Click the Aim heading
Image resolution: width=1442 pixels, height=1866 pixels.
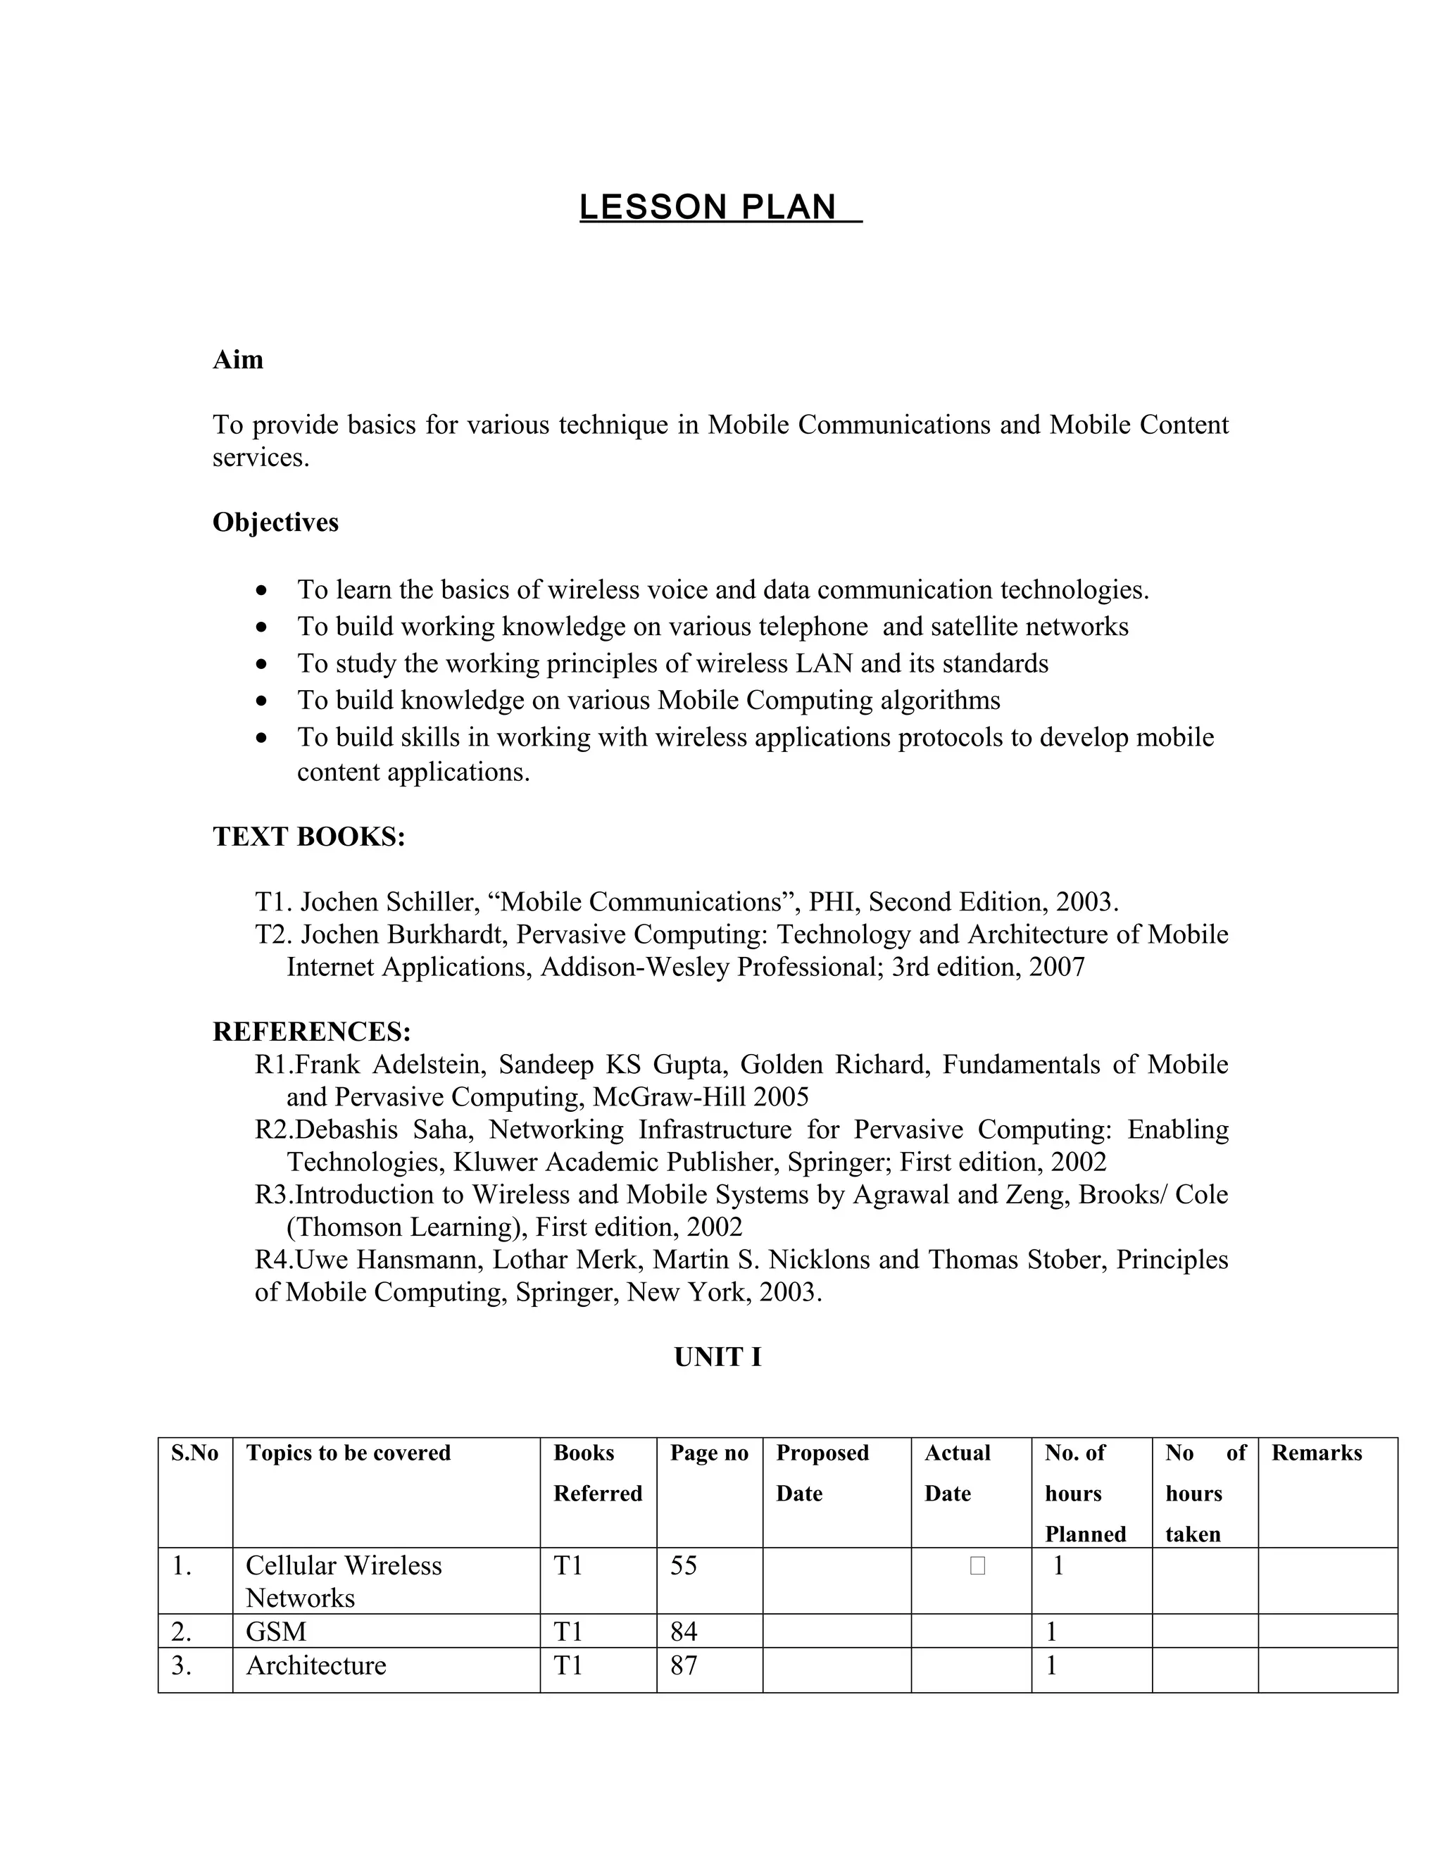pyautogui.click(x=237, y=360)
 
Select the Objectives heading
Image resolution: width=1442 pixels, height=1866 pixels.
pyautogui.click(x=275, y=522)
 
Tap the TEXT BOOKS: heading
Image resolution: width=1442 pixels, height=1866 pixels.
pyautogui.click(x=308, y=837)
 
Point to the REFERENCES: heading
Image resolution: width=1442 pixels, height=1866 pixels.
pyautogui.click(x=312, y=1032)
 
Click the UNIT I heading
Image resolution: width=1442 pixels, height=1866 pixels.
pyautogui.click(x=717, y=1358)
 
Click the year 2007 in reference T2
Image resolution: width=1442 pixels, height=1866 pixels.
pyautogui.click(x=1057, y=968)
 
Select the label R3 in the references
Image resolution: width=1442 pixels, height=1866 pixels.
pyautogui.click(x=273, y=1194)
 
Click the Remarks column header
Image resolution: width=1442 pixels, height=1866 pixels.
pyautogui.click(x=1317, y=1453)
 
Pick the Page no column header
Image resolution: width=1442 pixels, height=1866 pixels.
pyautogui.click(x=709, y=1453)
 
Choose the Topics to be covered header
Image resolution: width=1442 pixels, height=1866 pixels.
pyautogui.click(x=348, y=1453)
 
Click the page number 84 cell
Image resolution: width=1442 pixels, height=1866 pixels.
pyautogui.click(x=684, y=1632)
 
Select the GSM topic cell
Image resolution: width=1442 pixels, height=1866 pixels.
pyautogui.click(x=276, y=1632)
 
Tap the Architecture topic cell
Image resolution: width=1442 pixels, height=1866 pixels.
pyautogui.click(x=316, y=1665)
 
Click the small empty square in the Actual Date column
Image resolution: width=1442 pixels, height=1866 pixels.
pyautogui.click(x=977, y=1566)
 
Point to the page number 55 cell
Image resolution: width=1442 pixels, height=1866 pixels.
pyautogui.click(x=684, y=1565)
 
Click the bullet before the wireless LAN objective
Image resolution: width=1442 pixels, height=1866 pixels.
pyautogui.click(x=261, y=665)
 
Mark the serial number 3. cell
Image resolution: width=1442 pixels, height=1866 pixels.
pyautogui.click(x=181, y=1665)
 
